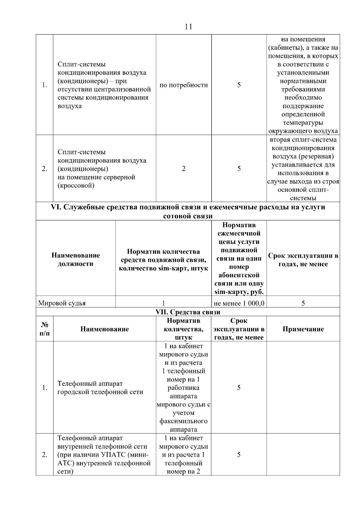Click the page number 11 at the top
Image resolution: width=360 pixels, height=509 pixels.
tap(188, 27)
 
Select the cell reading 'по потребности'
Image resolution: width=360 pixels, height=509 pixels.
tap(184, 85)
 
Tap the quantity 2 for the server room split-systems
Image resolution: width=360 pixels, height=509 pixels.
tap(184, 169)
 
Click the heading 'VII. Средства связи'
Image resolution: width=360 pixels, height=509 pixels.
tap(188, 312)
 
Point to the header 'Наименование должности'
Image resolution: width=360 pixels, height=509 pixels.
tap(76, 259)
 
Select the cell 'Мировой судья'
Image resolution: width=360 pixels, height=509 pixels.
tap(62, 303)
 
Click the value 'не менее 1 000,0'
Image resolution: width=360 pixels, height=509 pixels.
tap(239, 303)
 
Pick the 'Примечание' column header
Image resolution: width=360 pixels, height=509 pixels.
tap(303, 329)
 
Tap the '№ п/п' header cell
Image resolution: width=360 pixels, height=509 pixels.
tap(45, 329)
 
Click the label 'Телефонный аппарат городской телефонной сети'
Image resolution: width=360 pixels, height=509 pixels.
tap(100, 388)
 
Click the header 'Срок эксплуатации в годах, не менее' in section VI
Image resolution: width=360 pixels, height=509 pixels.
tap(303, 260)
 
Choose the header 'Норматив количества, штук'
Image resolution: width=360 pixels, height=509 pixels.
tap(184, 329)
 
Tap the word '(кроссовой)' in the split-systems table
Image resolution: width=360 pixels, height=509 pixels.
tap(76, 186)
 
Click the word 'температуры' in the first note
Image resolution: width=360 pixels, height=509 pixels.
tap(303, 123)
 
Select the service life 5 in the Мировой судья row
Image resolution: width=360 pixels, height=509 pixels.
tap(303, 303)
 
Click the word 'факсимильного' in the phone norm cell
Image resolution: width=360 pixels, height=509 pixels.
tap(184, 421)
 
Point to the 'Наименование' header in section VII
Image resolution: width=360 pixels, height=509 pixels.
tap(104, 329)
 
